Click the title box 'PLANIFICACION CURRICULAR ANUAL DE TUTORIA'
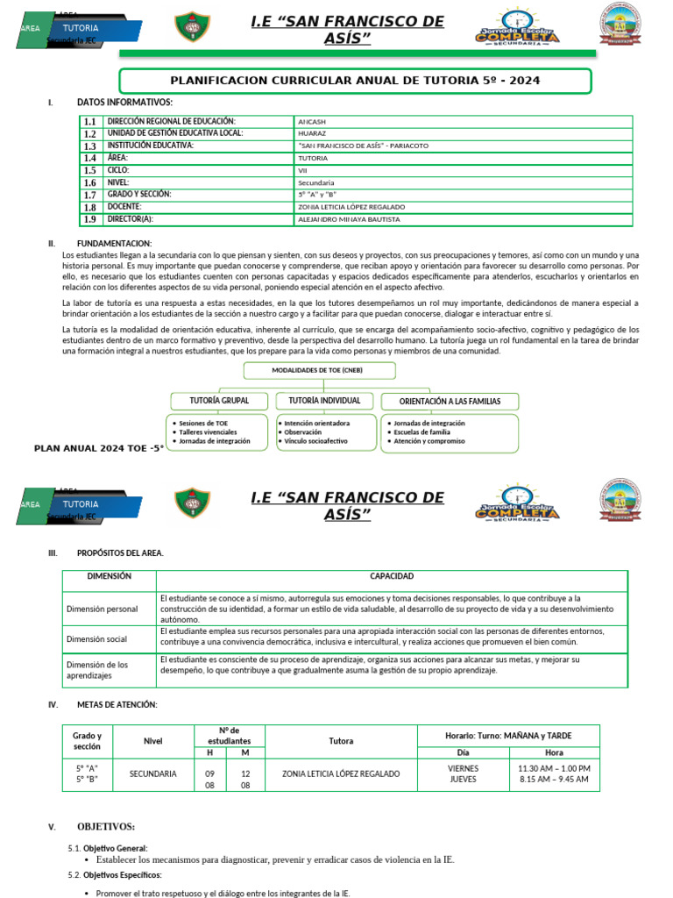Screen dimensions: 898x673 tap(355, 81)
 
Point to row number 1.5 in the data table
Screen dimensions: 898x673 tap(89, 171)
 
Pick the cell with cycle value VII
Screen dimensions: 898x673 tap(302, 170)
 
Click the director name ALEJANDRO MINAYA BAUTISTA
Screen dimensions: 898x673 tap(349, 219)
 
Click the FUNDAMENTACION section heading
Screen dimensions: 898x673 tap(114, 243)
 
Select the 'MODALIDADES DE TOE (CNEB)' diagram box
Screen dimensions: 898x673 tap(316, 370)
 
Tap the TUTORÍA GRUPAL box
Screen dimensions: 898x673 tap(219, 401)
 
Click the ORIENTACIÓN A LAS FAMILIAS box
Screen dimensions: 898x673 tap(450, 402)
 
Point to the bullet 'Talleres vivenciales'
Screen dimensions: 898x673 tap(208, 432)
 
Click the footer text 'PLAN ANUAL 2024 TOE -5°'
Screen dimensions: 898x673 tap(99, 448)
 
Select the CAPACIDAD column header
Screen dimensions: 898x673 tap(392, 577)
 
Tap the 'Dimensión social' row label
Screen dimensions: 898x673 tap(96, 639)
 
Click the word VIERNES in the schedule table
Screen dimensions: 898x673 tap(463, 768)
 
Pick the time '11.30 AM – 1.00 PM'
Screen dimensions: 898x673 tap(554, 768)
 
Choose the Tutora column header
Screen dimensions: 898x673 tap(341, 741)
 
